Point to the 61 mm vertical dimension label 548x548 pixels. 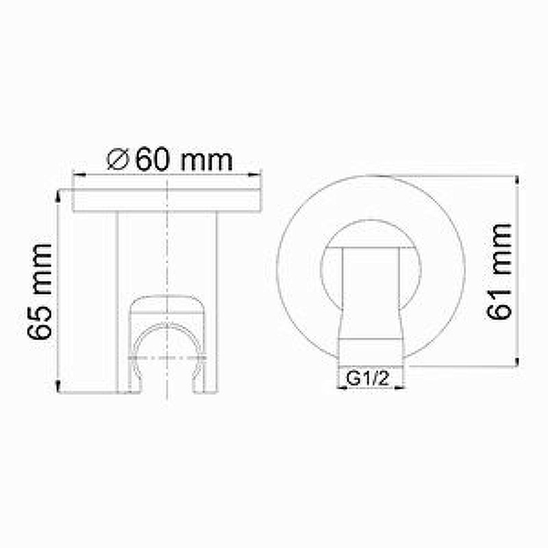click(x=500, y=271)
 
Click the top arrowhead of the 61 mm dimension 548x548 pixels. click(x=516, y=179)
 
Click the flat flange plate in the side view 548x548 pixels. click(x=168, y=201)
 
